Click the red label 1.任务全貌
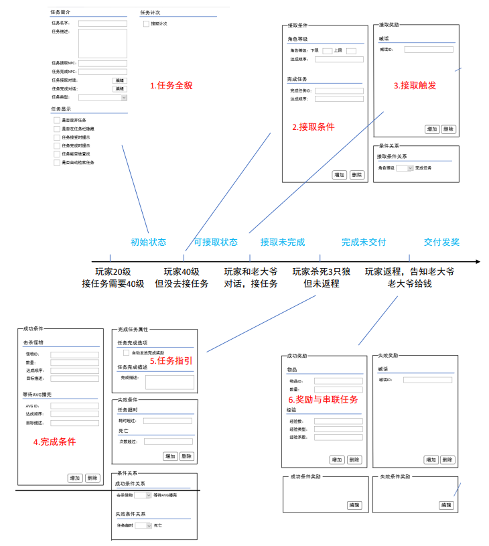171,86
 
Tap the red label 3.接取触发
415,85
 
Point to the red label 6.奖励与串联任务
322,400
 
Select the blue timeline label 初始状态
148,242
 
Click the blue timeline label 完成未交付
364,242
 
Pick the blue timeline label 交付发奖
441,242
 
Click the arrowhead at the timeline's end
476,261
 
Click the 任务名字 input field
102,23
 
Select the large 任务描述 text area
102,43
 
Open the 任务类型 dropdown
102,98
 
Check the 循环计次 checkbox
146,24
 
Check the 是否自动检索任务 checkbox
56,162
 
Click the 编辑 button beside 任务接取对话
119,80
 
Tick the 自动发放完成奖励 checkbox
126,352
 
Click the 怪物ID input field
74,355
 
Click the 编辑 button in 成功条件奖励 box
354,505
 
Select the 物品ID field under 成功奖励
338,381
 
